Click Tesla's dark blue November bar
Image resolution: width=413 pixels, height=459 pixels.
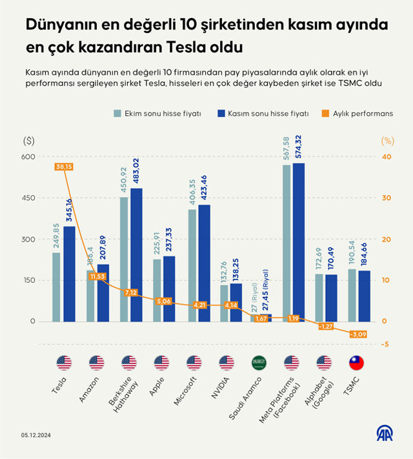tap(69, 274)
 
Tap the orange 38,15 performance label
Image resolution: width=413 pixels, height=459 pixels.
tap(64, 167)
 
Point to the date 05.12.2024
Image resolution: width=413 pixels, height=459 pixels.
tap(36, 435)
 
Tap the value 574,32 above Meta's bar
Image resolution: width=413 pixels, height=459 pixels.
tap(297, 148)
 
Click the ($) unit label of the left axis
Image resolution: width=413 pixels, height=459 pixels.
tap(28, 140)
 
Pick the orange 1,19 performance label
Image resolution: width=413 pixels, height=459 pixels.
tap(293, 318)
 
